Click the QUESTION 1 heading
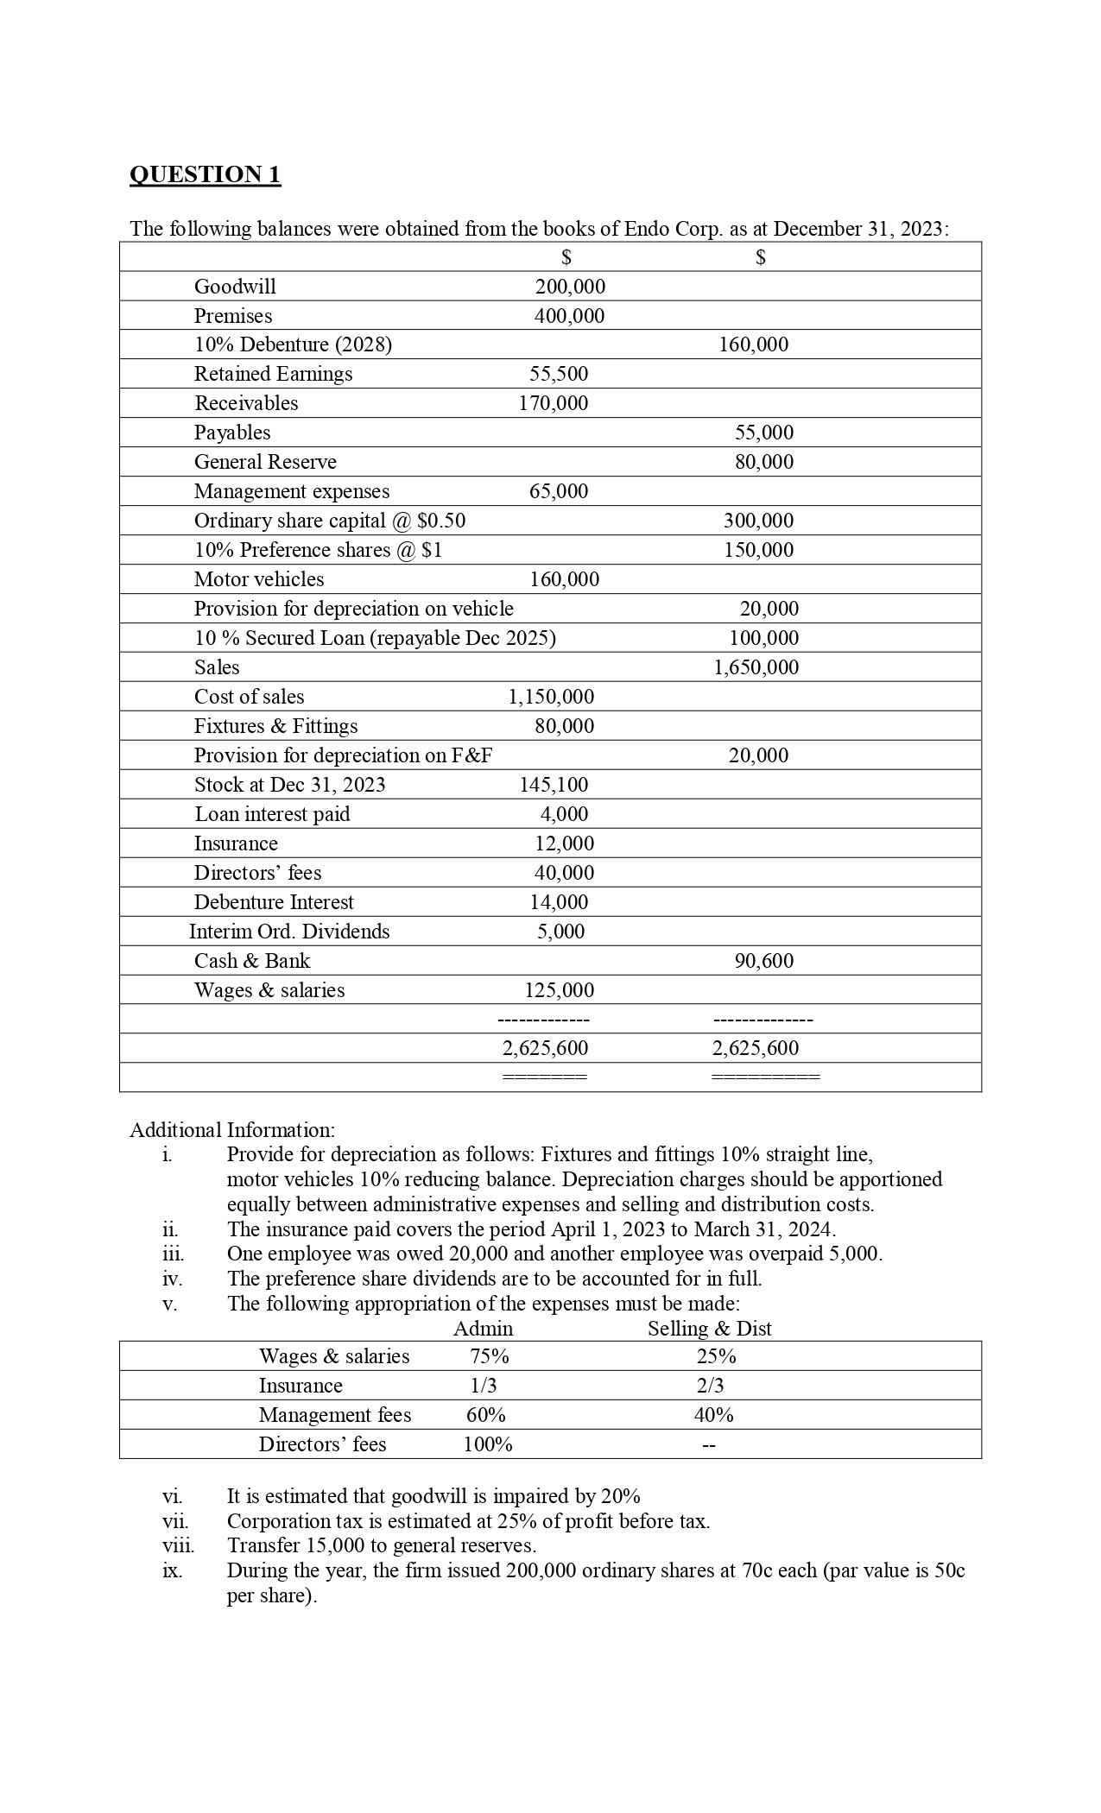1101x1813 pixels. coord(205,174)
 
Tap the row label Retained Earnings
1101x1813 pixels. coord(273,374)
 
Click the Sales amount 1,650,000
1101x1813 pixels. coord(756,667)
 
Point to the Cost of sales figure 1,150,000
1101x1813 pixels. coord(550,697)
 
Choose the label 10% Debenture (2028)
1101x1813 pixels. coord(293,344)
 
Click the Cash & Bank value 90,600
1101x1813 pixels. coord(763,961)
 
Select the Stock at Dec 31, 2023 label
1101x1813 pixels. coord(289,785)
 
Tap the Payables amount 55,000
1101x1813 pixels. coord(763,433)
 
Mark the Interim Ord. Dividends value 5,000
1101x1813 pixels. coord(560,932)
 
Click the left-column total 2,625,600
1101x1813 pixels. coord(545,1048)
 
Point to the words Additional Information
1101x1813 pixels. coord(231,1130)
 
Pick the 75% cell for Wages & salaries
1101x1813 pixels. coord(490,1356)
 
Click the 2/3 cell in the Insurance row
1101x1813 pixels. coord(710,1386)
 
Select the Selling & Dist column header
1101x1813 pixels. coord(709,1329)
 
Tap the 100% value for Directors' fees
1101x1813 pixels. coord(488,1444)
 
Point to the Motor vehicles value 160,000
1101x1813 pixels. coord(564,579)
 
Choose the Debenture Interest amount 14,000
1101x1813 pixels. coord(559,902)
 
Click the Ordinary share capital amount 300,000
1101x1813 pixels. coord(758,521)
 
